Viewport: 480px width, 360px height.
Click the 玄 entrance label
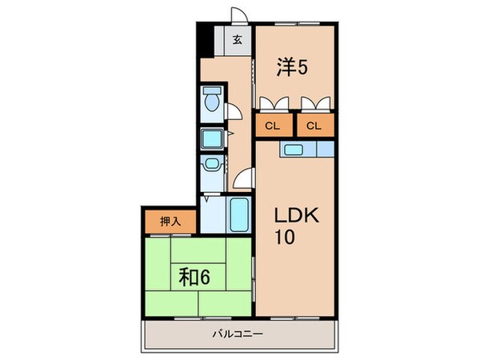238,40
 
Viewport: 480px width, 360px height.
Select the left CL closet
273,125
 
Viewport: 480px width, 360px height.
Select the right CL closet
314,125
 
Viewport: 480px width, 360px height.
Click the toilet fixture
212,101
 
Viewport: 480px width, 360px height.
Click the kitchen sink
293,149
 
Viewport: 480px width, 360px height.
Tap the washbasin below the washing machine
211,166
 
